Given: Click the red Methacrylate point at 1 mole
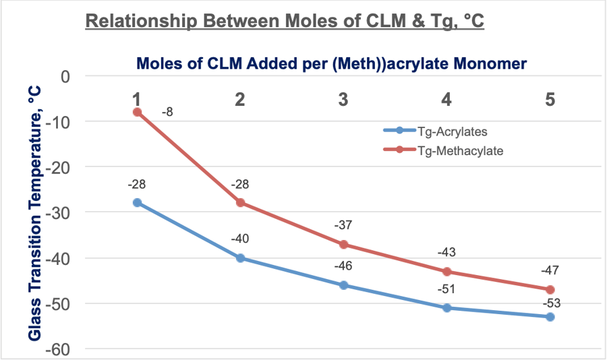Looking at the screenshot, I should tap(137, 112).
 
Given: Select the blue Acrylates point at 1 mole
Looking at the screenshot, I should tap(137, 202).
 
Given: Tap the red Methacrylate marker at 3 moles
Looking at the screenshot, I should tap(343, 244).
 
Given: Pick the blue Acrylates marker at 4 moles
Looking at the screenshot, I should tap(446, 307).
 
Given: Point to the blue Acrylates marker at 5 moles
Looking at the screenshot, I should tap(550, 317).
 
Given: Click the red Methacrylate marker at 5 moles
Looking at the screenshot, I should tap(550, 289).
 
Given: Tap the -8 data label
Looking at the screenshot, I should tap(168, 113).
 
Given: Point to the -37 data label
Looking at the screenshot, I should tap(343, 226).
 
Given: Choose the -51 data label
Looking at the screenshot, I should tap(446, 289).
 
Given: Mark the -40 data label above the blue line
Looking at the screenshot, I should tap(240, 239).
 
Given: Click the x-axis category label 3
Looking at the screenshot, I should tap(343, 99).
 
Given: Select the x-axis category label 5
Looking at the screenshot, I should tap(550, 99).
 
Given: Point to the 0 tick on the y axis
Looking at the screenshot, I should tap(65, 76).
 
